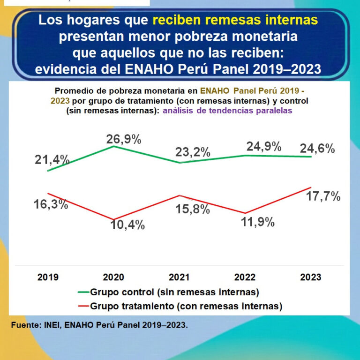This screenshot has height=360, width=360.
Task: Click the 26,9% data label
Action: (x=124, y=139)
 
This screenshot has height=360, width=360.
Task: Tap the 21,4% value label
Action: (x=52, y=160)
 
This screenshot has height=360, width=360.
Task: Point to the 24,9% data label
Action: (x=264, y=146)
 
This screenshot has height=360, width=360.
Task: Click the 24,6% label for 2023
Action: (x=317, y=149)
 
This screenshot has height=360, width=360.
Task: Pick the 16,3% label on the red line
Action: (x=51, y=204)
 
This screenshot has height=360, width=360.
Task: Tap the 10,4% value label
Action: (x=127, y=225)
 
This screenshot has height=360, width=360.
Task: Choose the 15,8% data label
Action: (x=192, y=209)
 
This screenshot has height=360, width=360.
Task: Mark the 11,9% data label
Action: (x=257, y=222)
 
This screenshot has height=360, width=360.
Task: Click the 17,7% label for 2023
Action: (x=323, y=197)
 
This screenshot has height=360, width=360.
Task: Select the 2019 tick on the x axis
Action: (x=48, y=277)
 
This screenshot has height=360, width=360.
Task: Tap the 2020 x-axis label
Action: (x=113, y=277)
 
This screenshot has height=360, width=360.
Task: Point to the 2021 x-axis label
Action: (x=180, y=277)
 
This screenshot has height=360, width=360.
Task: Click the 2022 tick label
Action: (x=245, y=277)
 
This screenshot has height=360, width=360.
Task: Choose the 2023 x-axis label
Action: (x=311, y=277)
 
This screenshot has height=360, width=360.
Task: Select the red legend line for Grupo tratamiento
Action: (x=83, y=306)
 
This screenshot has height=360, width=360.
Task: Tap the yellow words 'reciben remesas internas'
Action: (x=235, y=20)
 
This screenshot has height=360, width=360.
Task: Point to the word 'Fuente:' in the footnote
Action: (x=25, y=324)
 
